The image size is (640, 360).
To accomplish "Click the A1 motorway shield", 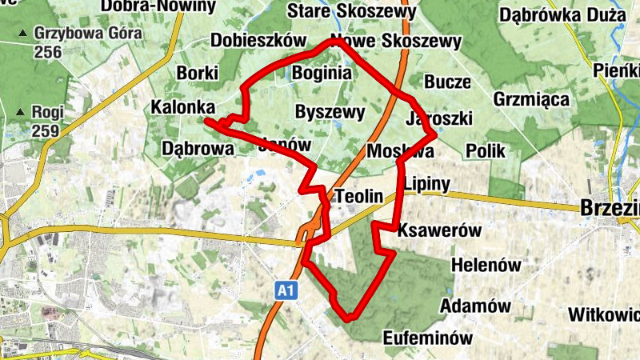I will [x=286, y=290].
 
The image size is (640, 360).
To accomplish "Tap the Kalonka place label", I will [x=182, y=107].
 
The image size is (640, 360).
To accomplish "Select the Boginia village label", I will [x=322, y=74].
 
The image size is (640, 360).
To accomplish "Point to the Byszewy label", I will [x=330, y=112].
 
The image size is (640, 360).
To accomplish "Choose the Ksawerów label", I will [x=439, y=230].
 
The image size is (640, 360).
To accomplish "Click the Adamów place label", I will [x=475, y=306].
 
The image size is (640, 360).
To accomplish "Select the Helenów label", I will [x=486, y=264].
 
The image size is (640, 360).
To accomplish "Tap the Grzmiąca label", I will [x=531, y=100].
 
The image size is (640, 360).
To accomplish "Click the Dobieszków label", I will [x=259, y=41].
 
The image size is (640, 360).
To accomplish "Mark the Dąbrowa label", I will [x=198, y=148].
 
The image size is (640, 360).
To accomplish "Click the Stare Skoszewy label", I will [x=351, y=12].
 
